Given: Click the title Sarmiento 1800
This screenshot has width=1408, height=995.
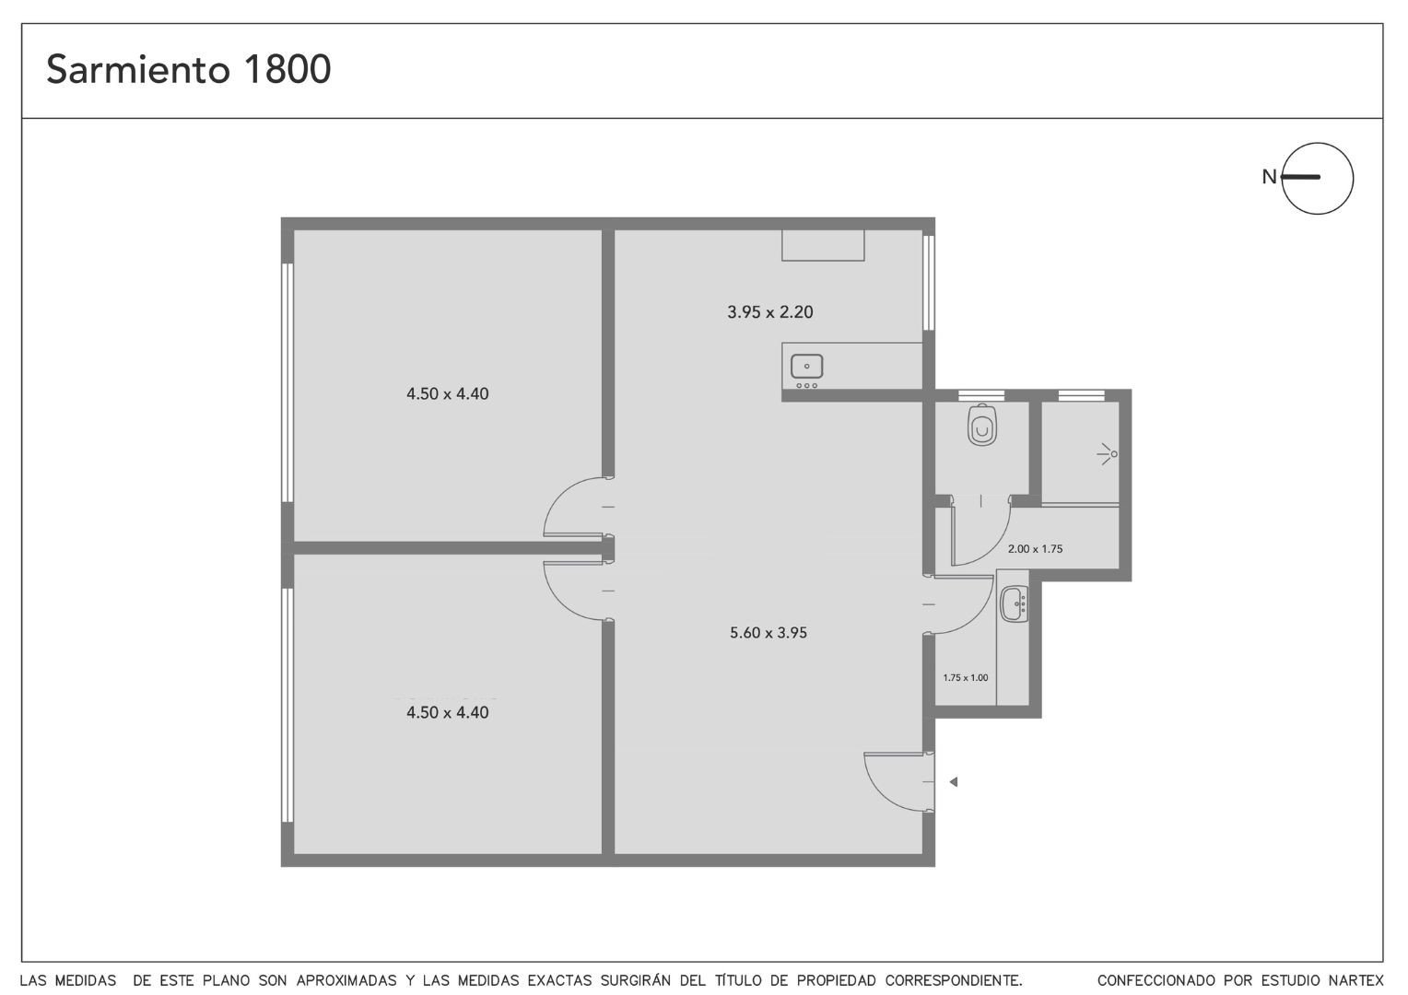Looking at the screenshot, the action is [189, 69].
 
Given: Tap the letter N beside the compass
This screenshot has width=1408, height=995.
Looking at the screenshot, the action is [1269, 177].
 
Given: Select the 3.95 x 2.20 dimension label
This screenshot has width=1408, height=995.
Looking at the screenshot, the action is [770, 311].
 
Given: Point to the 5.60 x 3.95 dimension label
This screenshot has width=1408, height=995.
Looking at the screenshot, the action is [769, 632].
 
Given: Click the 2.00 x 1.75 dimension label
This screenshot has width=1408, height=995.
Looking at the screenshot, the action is [1035, 549].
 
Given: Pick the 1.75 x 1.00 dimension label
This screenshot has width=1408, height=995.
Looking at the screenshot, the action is [966, 677].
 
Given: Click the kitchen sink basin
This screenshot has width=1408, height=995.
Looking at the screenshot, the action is [806, 366].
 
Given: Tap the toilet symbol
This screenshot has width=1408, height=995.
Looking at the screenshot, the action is [982, 425].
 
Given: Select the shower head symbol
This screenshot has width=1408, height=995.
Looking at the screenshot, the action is [1108, 454].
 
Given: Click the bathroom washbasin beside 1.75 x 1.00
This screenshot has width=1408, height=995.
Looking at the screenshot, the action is [1014, 604].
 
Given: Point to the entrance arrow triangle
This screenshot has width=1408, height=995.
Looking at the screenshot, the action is [954, 782].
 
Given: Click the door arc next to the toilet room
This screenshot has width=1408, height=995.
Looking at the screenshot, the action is [993, 548].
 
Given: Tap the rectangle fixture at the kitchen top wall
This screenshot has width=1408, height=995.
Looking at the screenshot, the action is [823, 245].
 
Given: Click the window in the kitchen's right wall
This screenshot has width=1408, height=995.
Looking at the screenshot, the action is [929, 283].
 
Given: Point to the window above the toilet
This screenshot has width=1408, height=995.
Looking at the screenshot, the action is [981, 395].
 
